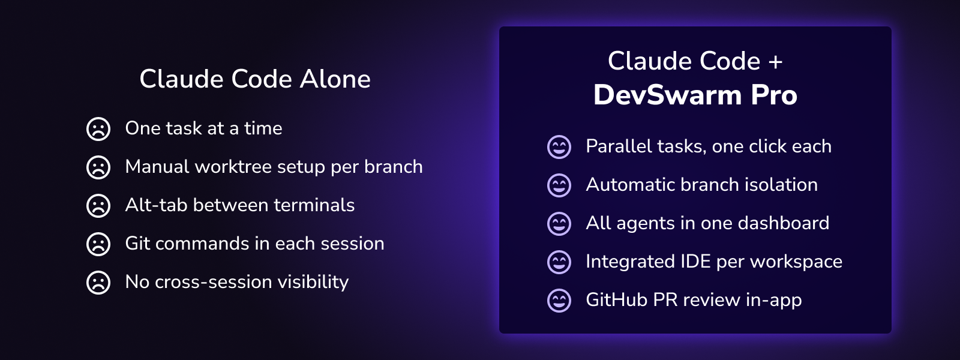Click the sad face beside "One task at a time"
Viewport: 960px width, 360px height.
pyautogui.click(x=98, y=129)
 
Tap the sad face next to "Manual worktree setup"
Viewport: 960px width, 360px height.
pyautogui.click(x=98, y=167)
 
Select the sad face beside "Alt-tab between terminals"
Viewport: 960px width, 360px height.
pyautogui.click(x=98, y=206)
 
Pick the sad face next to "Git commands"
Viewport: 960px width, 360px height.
pyautogui.click(x=98, y=244)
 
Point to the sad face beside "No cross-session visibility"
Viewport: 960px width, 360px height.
pyautogui.click(x=98, y=283)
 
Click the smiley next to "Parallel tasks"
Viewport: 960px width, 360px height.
pyautogui.click(x=559, y=147)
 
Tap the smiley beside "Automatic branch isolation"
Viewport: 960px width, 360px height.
pyautogui.click(x=559, y=185)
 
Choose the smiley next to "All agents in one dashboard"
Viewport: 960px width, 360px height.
pyautogui.click(x=559, y=224)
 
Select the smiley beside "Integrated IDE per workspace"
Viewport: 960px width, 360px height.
pyautogui.click(x=559, y=262)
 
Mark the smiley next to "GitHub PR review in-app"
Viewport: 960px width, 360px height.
pyautogui.click(x=559, y=301)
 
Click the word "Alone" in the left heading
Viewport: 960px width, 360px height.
pyautogui.click(x=335, y=79)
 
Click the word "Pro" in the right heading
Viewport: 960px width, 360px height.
pyautogui.click(x=774, y=95)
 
